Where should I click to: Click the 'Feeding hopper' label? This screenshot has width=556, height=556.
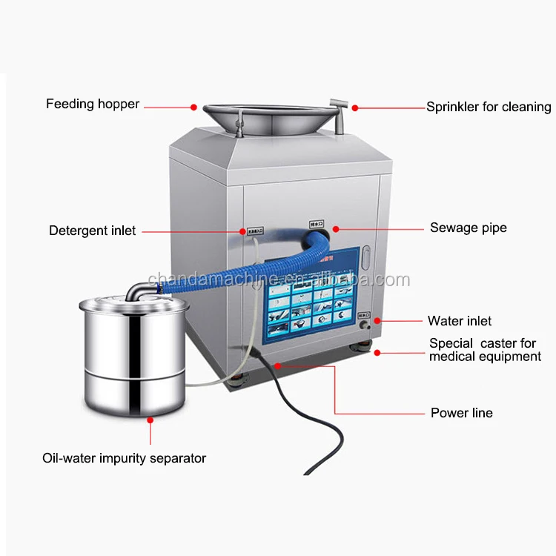[x=93, y=104]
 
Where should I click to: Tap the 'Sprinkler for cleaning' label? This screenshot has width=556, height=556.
[x=489, y=107]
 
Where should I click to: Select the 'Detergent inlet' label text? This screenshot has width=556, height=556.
[x=93, y=231]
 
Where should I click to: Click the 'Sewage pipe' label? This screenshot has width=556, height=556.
[x=469, y=228]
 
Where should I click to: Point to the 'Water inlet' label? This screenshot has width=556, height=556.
[x=460, y=321]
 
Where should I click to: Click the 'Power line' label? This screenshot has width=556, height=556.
[x=461, y=413]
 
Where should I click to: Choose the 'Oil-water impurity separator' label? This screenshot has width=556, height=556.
[x=124, y=458]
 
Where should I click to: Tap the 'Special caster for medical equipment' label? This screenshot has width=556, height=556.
[x=486, y=350]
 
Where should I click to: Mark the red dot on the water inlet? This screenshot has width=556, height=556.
[x=378, y=321]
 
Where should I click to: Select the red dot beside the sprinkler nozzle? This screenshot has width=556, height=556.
[x=355, y=108]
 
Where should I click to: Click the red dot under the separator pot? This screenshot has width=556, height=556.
[x=150, y=420]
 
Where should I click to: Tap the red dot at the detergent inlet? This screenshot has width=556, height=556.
[x=242, y=231]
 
